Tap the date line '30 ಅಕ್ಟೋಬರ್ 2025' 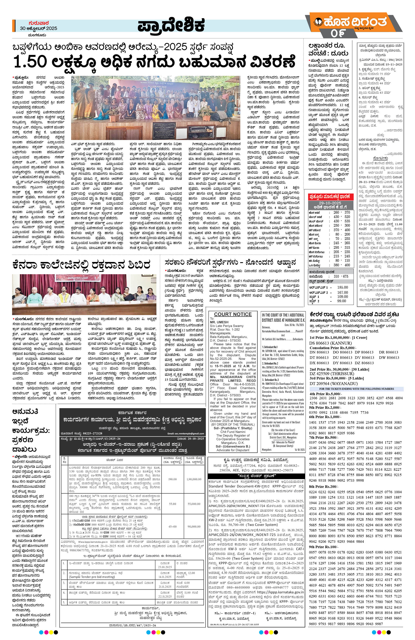click(38, 28)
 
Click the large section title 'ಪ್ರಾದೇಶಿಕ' click(171, 26)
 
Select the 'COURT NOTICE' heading click(233, 314)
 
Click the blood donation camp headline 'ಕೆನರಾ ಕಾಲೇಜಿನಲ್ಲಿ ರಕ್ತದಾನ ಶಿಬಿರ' click(81, 265)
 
